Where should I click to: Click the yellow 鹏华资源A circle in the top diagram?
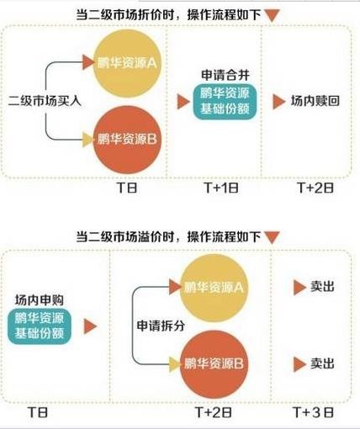[127, 64]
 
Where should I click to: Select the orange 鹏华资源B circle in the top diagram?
[127, 140]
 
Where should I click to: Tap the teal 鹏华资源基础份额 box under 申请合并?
[225, 102]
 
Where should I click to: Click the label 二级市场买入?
[45, 101]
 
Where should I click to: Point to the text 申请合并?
[225, 75]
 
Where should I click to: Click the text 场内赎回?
[315, 101]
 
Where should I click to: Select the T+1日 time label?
[221, 188]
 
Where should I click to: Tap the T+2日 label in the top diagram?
[315, 188]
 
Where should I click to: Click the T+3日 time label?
[314, 412]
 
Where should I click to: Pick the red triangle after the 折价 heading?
[272, 15]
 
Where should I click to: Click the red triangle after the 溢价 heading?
[272, 237]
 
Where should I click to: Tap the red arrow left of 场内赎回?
[278, 102]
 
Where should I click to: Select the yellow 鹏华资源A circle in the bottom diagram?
[214, 288]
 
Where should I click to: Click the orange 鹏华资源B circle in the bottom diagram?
[214, 364]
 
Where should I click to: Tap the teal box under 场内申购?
[40, 326]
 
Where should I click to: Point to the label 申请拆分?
[161, 326]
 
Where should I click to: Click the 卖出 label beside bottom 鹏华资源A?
[322, 287]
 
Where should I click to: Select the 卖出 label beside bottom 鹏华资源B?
[322, 364]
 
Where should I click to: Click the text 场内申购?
[40, 300]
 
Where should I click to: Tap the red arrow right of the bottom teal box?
[90, 326]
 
